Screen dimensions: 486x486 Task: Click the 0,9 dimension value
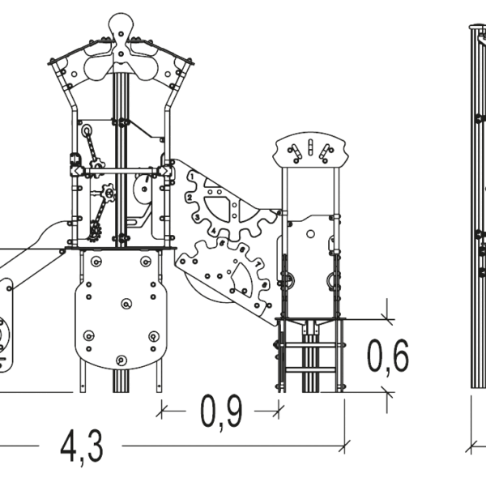point(221,412)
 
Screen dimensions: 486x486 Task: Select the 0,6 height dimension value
point(388,357)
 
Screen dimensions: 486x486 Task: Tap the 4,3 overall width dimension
point(81,447)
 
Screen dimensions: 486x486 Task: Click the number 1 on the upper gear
point(192,177)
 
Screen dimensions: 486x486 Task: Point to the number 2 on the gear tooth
point(190,198)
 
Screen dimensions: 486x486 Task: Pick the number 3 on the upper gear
point(198,217)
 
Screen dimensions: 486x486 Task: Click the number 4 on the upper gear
point(213,231)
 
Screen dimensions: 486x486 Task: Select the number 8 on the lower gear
point(264,284)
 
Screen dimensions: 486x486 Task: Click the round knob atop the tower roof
point(122,23)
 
